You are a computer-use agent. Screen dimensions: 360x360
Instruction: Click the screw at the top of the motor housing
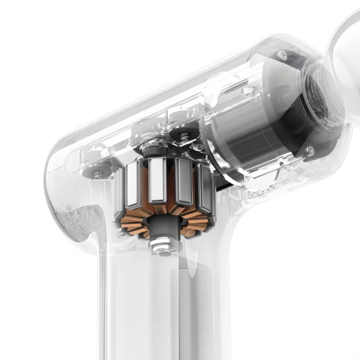pos(282,55)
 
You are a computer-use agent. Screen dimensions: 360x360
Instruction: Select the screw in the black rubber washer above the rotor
pos(184,135)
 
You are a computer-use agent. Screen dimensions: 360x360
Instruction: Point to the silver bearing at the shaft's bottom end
pos(165,246)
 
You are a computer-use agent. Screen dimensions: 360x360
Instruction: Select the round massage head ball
pos(346,61)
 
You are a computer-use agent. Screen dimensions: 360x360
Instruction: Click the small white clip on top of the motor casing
pos(248,90)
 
